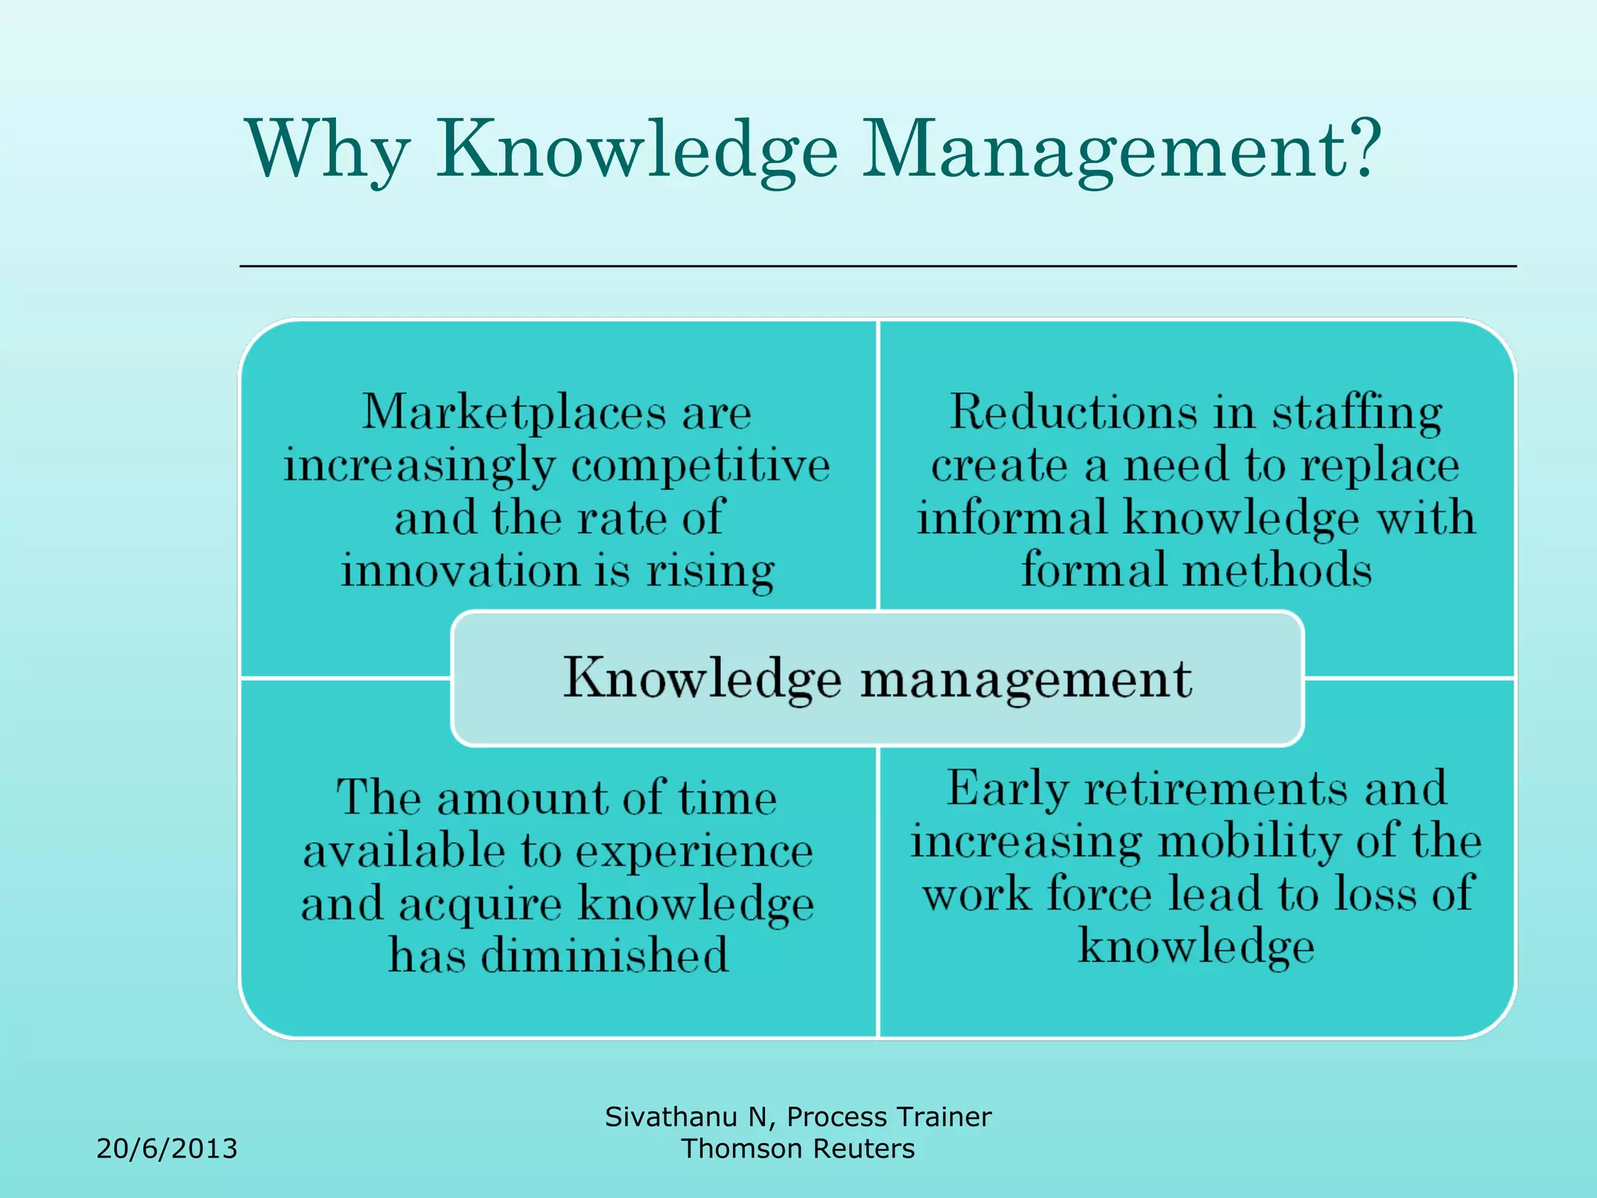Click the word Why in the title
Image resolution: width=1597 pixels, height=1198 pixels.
(x=328, y=150)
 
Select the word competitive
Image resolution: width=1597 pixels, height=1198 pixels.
(x=700, y=466)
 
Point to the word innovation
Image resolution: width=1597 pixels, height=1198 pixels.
(x=460, y=570)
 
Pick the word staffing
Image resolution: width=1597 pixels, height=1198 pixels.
(x=1357, y=413)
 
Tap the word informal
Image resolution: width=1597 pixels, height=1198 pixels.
(x=1011, y=518)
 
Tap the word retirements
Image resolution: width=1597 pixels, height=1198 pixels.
(x=1216, y=789)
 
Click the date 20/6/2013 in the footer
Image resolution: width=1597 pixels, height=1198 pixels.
(x=167, y=1149)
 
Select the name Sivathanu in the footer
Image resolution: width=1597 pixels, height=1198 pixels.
(x=671, y=1117)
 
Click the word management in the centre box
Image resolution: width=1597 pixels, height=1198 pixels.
(x=1025, y=679)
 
